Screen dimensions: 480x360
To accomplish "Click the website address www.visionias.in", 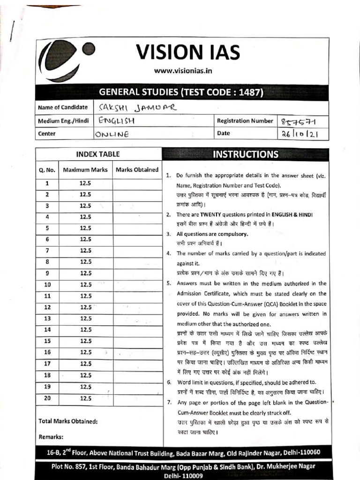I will [x=183, y=71].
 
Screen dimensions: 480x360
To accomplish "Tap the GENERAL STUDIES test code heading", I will [x=181, y=92].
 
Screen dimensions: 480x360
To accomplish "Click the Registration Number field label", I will [x=245, y=121].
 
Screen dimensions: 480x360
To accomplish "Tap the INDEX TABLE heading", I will [x=98, y=154].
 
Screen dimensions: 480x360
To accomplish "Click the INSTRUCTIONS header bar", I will [x=246, y=154].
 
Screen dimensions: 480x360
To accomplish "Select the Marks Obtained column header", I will [x=137, y=170].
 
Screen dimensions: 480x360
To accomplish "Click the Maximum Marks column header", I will [x=85, y=170].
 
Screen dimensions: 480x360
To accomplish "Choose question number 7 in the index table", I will [x=47, y=251].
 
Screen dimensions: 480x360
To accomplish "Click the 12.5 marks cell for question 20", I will [x=85, y=398].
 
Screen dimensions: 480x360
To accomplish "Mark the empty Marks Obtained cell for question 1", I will [x=137, y=183].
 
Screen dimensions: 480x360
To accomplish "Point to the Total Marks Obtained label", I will [x=68, y=421].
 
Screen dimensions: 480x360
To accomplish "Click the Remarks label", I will [x=51, y=437].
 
